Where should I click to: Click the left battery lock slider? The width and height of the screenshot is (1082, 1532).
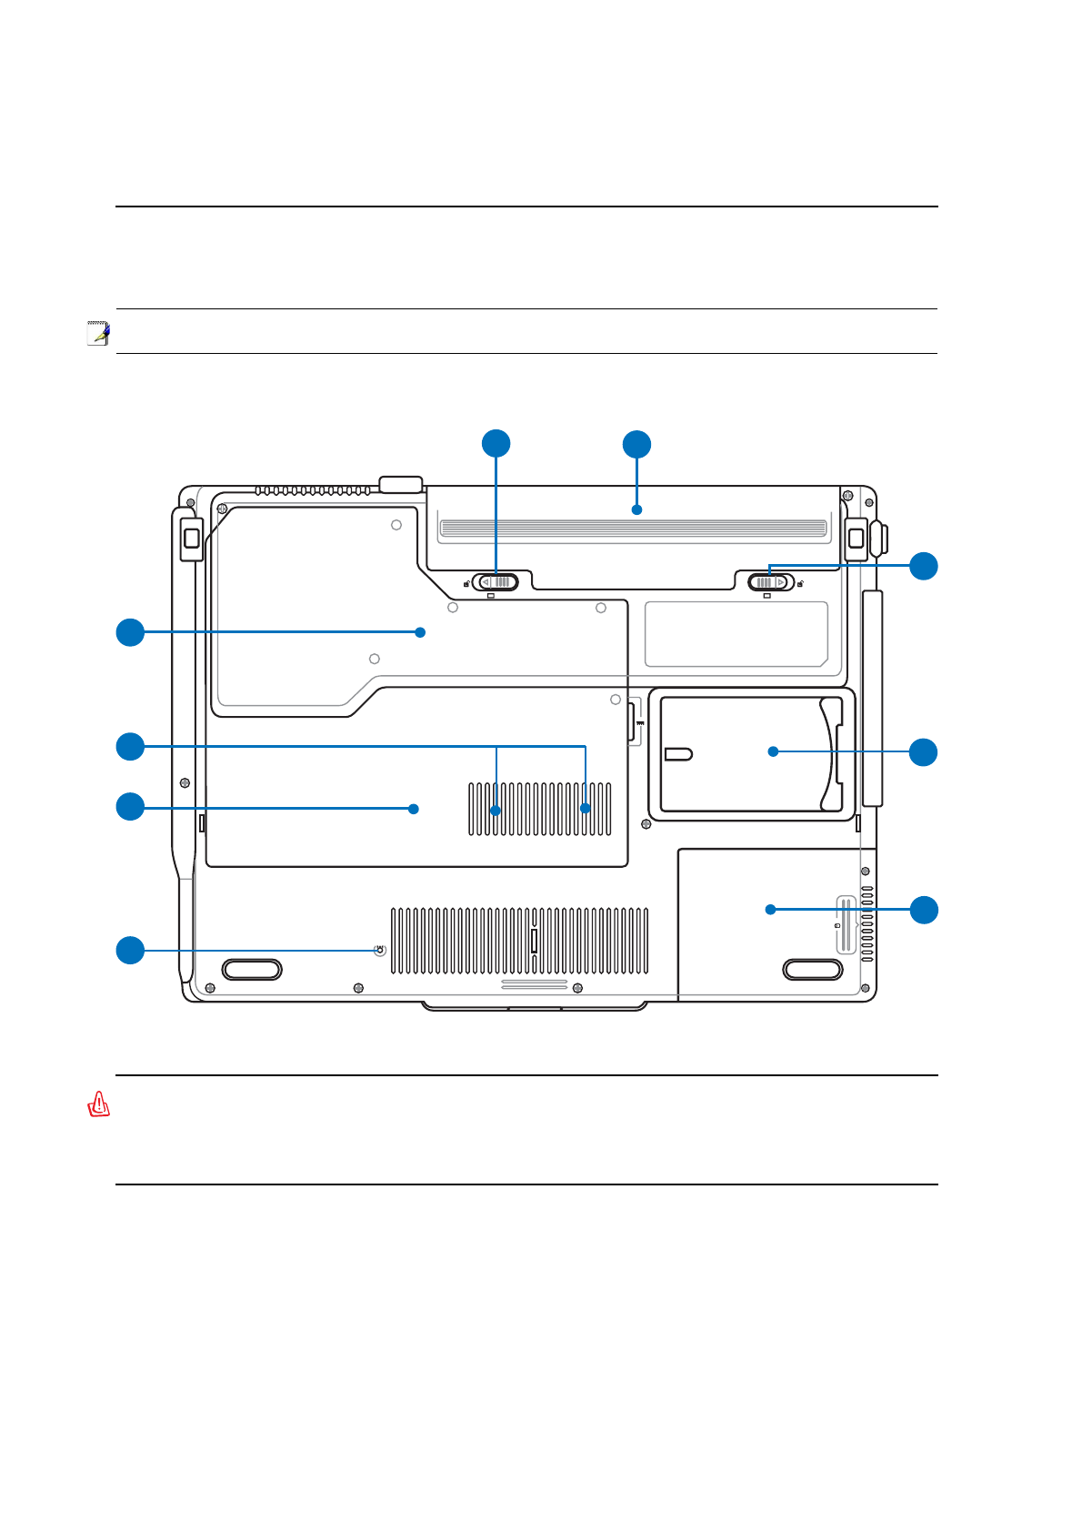pyautogui.click(x=496, y=582)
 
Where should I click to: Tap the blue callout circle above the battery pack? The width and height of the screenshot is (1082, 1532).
pyautogui.click(x=636, y=445)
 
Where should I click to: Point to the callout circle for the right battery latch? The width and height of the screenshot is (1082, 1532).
pyautogui.click(x=924, y=566)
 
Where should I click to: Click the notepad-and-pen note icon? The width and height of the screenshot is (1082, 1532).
pyautogui.click(x=98, y=333)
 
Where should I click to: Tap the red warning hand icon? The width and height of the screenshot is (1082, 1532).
pyautogui.click(x=98, y=1104)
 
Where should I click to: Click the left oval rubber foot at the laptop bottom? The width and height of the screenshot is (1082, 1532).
pyautogui.click(x=252, y=969)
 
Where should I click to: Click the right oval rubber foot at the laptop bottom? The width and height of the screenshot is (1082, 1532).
pyautogui.click(x=812, y=969)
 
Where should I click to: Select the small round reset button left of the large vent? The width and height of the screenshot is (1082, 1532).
pyautogui.click(x=380, y=951)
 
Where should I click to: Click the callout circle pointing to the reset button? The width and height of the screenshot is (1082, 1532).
pyautogui.click(x=130, y=950)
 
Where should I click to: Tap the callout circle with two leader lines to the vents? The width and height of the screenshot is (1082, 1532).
pyautogui.click(x=130, y=746)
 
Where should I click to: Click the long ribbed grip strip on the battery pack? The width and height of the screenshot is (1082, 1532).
pyautogui.click(x=633, y=529)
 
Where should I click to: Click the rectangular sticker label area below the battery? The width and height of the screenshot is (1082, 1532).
pyautogui.click(x=736, y=634)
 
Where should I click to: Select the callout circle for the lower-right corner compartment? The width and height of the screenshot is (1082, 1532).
pyautogui.click(x=924, y=910)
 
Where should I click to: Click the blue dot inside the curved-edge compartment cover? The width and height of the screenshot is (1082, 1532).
pyautogui.click(x=773, y=751)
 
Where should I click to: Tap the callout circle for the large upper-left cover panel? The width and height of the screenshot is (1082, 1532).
pyautogui.click(x=130, y=632)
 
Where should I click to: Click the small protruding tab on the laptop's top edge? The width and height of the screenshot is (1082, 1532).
pyautogui.click(x=401, y=483)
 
